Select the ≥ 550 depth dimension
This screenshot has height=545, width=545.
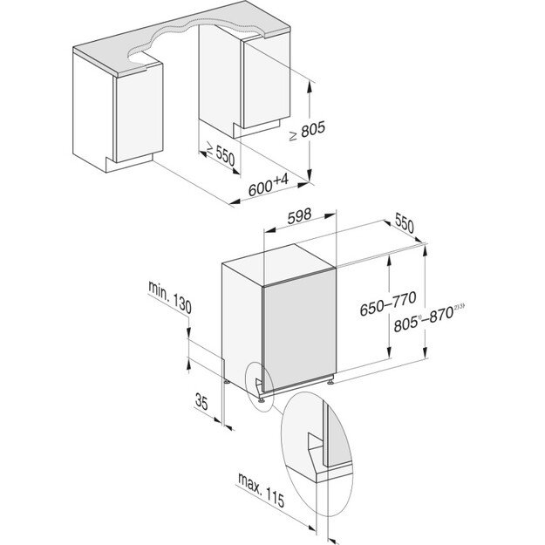click(x=217, y=156)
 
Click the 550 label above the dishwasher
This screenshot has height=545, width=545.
click(x=403, y=224)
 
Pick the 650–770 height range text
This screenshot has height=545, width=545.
click(x=388, y=308)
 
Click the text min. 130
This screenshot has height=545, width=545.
click(x=170, y=296)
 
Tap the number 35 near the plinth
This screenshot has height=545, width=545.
click(x=201, y=403)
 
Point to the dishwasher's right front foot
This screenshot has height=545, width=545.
click(x=331, y=380)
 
